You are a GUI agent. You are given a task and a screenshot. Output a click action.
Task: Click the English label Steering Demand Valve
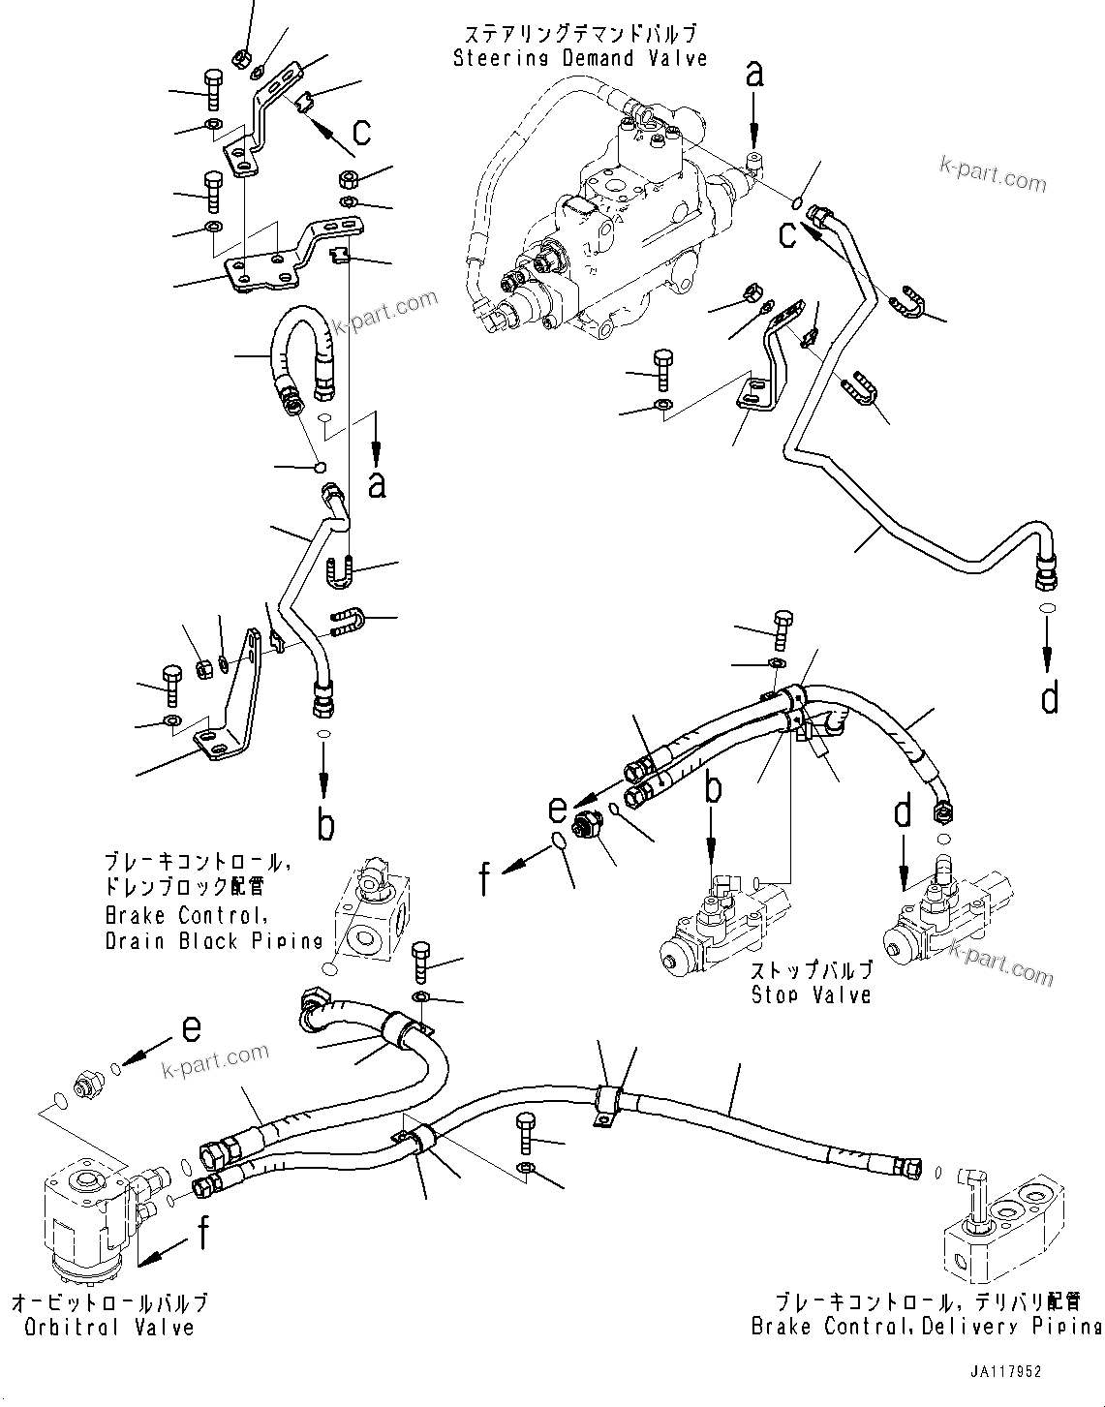coord(580,58)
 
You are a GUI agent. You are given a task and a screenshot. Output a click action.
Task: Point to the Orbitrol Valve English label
coord(104,1328)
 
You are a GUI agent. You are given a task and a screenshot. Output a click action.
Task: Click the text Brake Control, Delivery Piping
coord(925,1326)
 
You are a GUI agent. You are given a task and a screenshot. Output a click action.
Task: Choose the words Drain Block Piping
coord(214,940)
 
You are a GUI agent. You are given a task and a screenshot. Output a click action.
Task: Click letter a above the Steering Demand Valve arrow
coord(753,73)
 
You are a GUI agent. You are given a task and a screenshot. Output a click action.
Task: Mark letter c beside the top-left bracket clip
coord(360,130)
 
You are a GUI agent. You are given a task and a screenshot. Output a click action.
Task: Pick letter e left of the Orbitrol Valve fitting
coord(191,1028)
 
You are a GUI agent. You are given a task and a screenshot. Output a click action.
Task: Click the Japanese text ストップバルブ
coord(811,970)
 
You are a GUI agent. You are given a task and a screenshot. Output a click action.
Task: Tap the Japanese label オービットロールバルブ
coord(109,1303)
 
